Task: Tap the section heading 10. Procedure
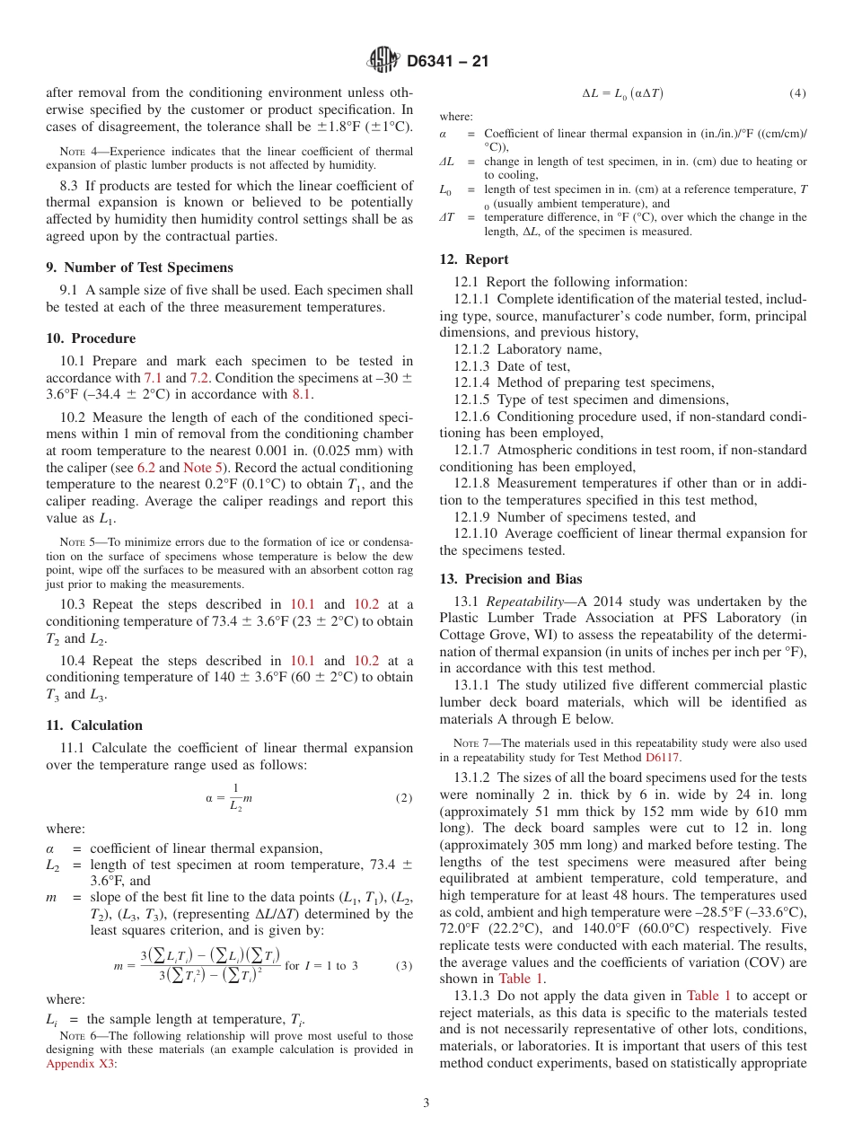pyautogui.click(x=91, y=338)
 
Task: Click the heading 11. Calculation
pyautogui.click(x=94, y=725)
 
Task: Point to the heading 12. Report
pyautogui.click(x=473, y=259)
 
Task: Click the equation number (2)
pyautogui.click(x=404, y=797)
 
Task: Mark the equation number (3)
pyautogui.click(x=404, y=965)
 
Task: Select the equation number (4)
pyautogui.click(x=797, y=93)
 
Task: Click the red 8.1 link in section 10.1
pyautogui.click(x=303, y=394)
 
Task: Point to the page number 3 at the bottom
pyautogui.click(x=426, y=1102)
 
